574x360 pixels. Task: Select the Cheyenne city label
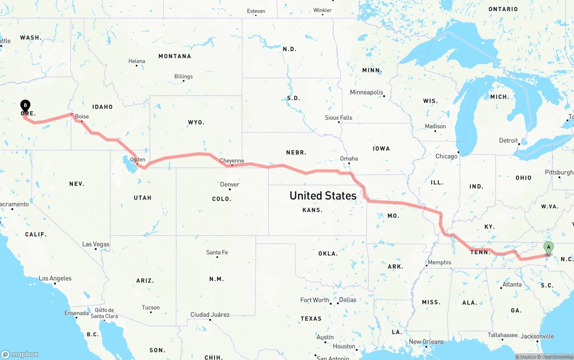click(232, 161)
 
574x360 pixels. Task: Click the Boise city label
click(82, 117)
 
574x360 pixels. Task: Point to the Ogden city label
click(137, 160)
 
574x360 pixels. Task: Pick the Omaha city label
click(349, 159)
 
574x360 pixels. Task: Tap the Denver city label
click(230, 185)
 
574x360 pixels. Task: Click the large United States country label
click(323, 195)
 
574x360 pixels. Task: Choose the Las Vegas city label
click(96, 244)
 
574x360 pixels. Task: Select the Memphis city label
click(439, 262)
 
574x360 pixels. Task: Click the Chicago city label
click(446, 156)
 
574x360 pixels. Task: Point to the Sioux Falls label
click(339, 118)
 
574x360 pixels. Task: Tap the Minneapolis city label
click(366, 92)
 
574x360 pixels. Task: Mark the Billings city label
click(183, 77)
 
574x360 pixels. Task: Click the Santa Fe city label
click(217, 252)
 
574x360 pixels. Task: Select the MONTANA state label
click(174, 56)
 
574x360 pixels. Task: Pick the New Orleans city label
click(426, 342)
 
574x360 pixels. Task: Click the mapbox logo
click(20, 354)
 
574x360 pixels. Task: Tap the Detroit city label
click(509, 141)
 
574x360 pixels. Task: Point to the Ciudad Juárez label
click(210, 315)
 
